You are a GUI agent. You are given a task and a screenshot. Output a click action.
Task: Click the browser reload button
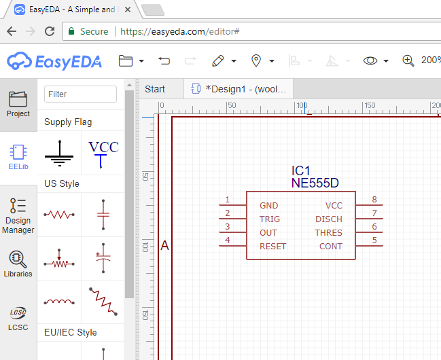pyautogui.click(x=50, y=31)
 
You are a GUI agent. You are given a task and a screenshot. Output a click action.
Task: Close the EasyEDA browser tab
pyautogui.click(x=127, y=10)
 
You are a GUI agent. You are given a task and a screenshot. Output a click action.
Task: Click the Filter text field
pyautogui.click(x=80, y=94)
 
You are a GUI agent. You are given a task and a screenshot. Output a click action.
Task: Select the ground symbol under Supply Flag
pyautogui.click(x=59, y=154)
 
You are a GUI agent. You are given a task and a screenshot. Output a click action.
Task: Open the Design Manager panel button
pyautogui.click(x=18, y=216)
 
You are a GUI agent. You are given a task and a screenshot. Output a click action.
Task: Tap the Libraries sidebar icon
pyautogui.click(x=18, y=264)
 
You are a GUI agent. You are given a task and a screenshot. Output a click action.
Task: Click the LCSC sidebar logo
pyautogui.click(x=18, y=319)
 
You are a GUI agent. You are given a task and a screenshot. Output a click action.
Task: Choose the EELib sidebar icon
pyautogui.click(x=18, y=157)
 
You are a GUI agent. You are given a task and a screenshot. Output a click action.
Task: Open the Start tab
pyautogui.click(x=155, y=89)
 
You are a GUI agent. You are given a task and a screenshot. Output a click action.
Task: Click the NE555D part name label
pyautogui.click(x=315, y=183)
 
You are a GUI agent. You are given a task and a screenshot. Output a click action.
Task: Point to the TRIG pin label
pyautogui.click(x=270, y=219)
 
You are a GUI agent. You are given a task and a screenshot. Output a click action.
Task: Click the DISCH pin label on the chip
pyautogui.click(x=329, y=219)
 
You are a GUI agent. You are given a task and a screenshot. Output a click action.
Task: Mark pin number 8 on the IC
pyautogui.click(x=374, y=200)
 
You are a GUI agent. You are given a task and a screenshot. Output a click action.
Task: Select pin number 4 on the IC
pyautogui.click(x=228, y=240)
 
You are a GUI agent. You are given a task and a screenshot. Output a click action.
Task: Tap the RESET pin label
pyautogui.click(x=272, y=247)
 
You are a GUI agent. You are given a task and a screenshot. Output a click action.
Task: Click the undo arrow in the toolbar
pyautogui.click(x=164, y=60)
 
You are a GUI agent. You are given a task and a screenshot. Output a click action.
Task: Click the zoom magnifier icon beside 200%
pyautogui.click(x=408, y=60)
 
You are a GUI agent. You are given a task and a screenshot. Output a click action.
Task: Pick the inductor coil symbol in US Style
pyautogui.click(x=59, y=302)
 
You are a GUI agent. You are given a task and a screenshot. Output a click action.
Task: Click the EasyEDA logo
pyautogui.click(x=54, y=60)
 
